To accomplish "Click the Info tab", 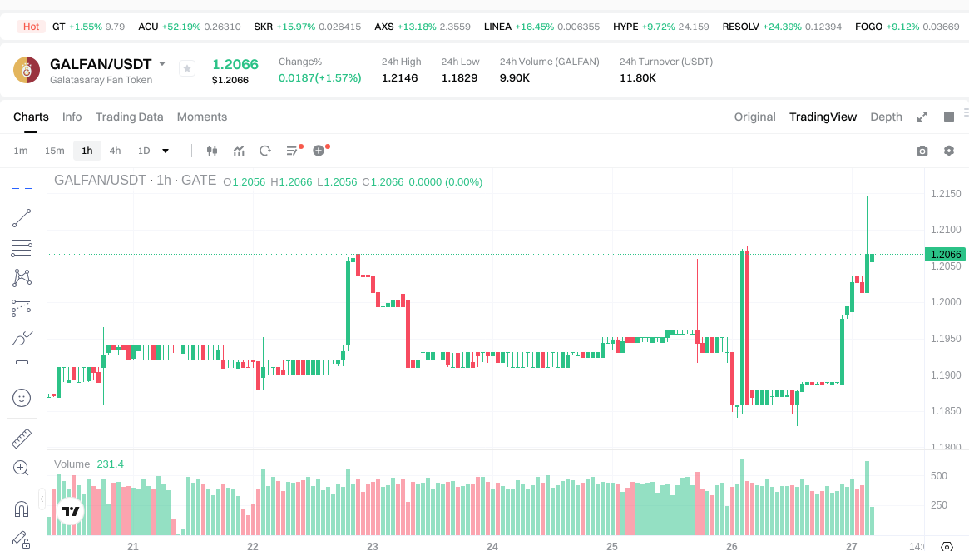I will pyautogui.click(x=72, y=117).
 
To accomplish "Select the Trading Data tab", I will pyautogui.click(x=129, y=117).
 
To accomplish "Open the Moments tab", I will pyautogui.click(x=201, y=117).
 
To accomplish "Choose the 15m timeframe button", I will pyautogui.click(x=54, y=151).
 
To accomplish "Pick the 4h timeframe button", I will pyautogui.click(x=115, y=151).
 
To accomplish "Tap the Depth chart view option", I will pyautogui.click(x=886, y=117).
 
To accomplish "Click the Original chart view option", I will pyautogui.click(x=754, y=117).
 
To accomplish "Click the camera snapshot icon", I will pyautogui.click(x=922, y=151).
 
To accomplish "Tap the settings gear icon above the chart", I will pyautogui.click(x=948, y=151).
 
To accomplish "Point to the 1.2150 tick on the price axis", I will pyautogui.click(x=945, y=194).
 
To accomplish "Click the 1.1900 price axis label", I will pyautogui.click(x=945, y=375).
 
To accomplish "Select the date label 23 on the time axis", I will pyautogui.click(x=373, y=547).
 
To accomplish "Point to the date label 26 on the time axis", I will pyautogui.click(x=732, y=547).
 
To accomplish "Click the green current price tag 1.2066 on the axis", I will pyautogui.click(x=945, y=255).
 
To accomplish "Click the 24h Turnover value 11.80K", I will pyautogui.click(x=638, y=77).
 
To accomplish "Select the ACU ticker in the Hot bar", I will pyautogui.click(x=148, y=27).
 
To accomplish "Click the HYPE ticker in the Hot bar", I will pyautogui.click(x=625, y=27).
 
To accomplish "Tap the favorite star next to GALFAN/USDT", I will pyautogui.click(x=186, y=68).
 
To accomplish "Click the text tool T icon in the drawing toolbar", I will pyautogui.click(x=22, y=367).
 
